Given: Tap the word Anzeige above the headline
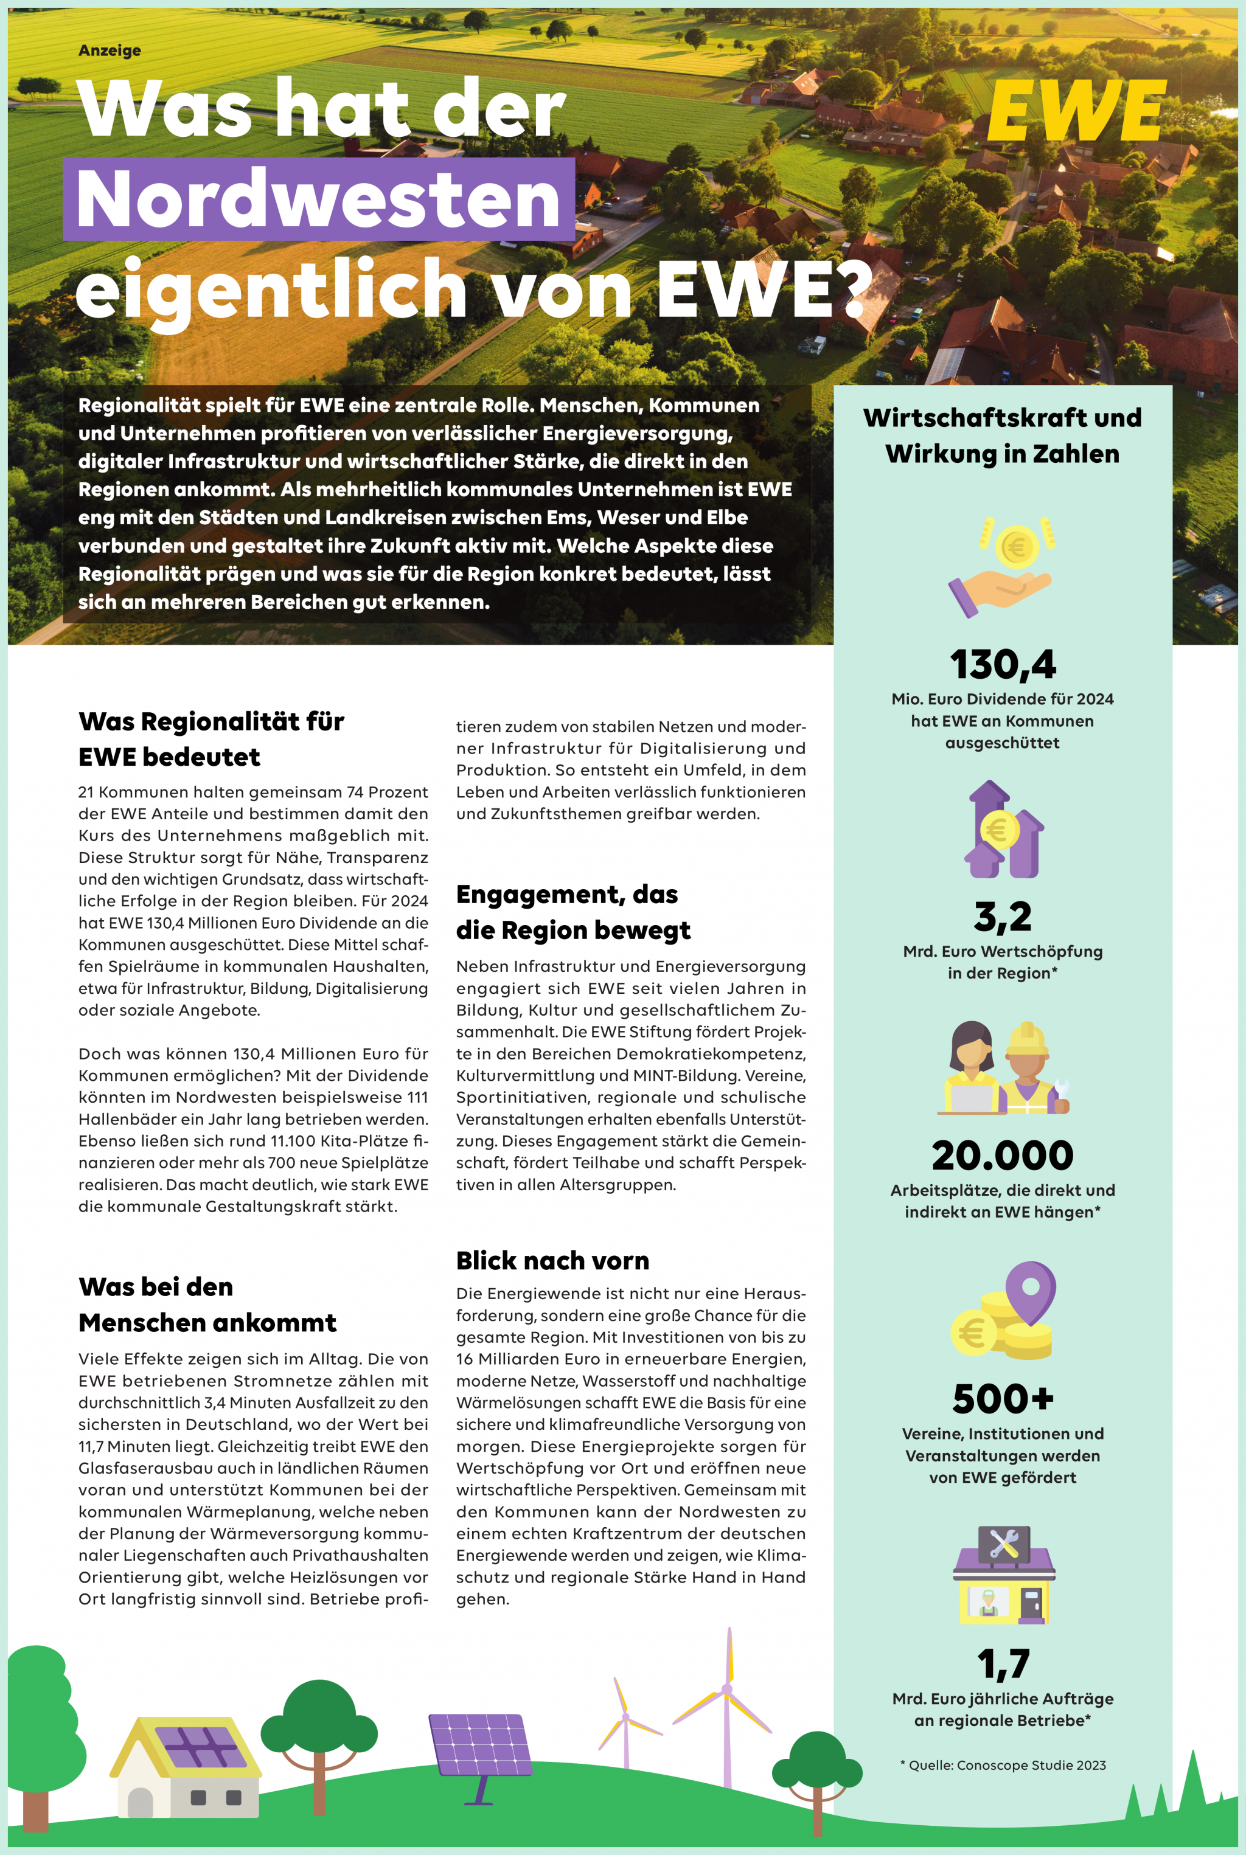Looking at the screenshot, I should (110, 50).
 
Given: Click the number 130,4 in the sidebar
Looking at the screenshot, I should (1002, 664).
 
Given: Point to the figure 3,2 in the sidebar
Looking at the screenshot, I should (1002, 916).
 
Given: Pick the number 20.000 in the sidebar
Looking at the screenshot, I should (1002, 1155).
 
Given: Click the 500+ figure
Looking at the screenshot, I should (1003, 1399).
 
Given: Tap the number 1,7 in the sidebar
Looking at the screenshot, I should (1003, 1663).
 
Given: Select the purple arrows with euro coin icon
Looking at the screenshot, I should (1003, 830).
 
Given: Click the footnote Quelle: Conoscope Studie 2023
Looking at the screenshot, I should (1003, 1764).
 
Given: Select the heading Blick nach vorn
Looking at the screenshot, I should (552, 1260).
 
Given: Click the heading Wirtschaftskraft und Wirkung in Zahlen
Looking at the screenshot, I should (1002, 435).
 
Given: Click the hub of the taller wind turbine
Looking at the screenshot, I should (726, 1689).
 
